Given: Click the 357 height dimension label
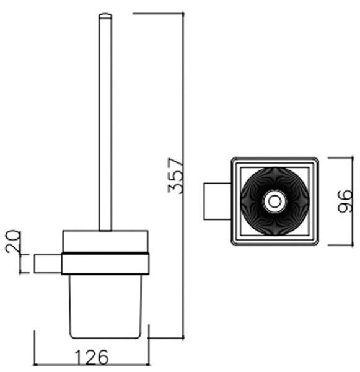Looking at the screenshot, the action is [x=176, y=175].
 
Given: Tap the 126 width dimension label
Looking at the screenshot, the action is [x=92, y=357].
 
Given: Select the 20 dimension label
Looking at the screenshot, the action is [x=13, y=241].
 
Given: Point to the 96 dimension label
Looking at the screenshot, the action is [x=345, y=201].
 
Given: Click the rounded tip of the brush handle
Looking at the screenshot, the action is [x=105, y=15].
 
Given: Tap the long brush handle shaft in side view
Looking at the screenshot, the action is [x=105, y=122].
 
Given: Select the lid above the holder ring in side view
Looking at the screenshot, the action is [x=105, y=242].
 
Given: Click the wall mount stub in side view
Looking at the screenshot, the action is [x=48, y=263].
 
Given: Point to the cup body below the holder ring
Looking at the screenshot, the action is [x=105, y=306].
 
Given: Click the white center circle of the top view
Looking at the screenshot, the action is [x=274, y=201].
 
